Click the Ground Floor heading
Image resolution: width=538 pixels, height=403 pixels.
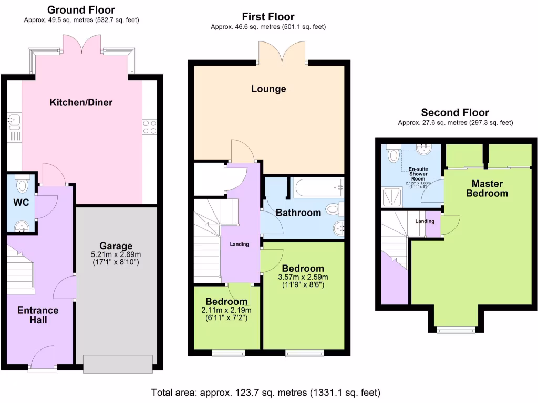81,10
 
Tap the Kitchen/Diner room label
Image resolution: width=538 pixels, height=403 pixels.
81,102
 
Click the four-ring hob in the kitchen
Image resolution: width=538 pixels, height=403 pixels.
149,126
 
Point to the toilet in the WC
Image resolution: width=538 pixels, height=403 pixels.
22,185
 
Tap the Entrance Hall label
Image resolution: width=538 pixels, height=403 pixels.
38,315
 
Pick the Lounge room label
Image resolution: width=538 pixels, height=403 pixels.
268,89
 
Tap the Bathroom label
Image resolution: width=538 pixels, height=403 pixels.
298,213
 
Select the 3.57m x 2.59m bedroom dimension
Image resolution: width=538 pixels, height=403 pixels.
303,278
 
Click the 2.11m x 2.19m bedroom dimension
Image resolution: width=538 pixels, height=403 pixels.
226,310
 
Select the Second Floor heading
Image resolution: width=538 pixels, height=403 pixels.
455,113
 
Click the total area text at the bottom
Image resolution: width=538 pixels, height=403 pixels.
265,392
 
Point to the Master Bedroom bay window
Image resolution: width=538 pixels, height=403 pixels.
455,330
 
